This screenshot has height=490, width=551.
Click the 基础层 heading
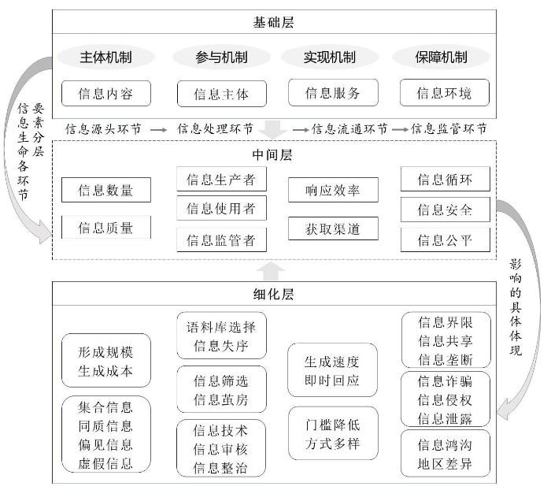pyautogui.click(x=273, y=23)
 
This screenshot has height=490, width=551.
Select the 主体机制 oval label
pyautogui.click(x=105, y=57)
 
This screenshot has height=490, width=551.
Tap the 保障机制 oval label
pyautogui.click(x=441, y=57)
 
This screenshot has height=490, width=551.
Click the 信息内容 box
pyautogui.click(x=106, y=94)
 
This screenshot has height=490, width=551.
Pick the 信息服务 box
pyautogui.click(x=333, y=93)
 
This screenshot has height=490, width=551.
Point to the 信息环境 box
pyautogui.click(x=445, y=93)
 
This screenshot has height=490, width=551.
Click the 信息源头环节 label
pyautogui.click(x=103, y=129)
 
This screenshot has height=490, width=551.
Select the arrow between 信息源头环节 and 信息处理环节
pyautogui.click(x=159, y=130)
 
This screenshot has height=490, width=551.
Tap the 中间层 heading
pyautogui.click(x=272, y=154)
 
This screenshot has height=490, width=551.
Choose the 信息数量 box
pyautogui.click(x=106, y=190)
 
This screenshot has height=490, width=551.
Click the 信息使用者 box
pyautogui.click(x=221, y=208)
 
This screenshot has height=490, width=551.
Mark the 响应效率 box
pyautogui.click(x=333, y=190)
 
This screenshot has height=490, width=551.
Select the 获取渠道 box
pyautogui.click(x=333, y=228)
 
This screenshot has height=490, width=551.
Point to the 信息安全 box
pyautogui.click(x=446, y=210)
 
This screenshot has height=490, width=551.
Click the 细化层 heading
pyautogui.click(x=273, y=294)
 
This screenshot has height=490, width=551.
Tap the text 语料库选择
pyautogui.click(x=221, y=327)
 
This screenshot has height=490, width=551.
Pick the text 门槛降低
pyautogui.click(x=332, y=425)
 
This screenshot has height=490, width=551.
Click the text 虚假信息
pyautogui.click(x=105, y=464)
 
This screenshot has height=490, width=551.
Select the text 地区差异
pyautogui.click(x=445, y=464)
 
